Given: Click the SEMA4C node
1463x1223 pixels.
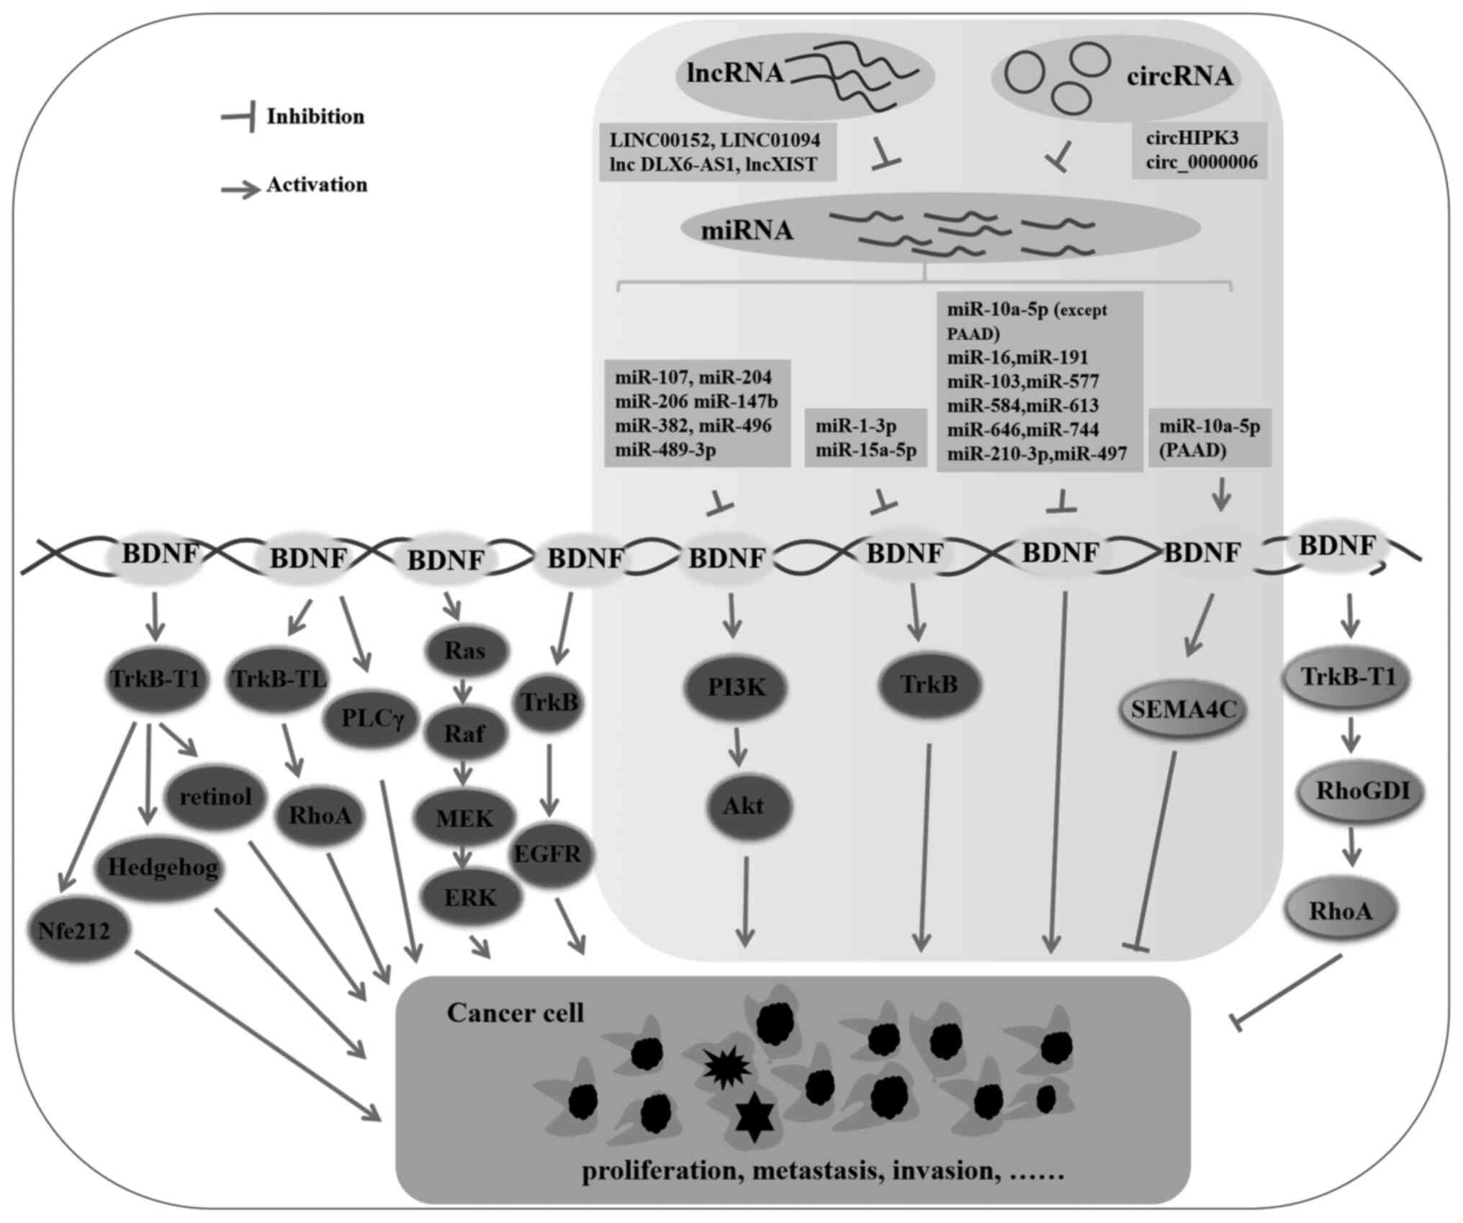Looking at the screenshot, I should pos(1183,710).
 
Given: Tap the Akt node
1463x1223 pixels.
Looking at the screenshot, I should pos(744,805).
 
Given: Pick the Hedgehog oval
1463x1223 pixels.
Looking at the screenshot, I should pos(163,867).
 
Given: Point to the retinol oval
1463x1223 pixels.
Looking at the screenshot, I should pos(215,796).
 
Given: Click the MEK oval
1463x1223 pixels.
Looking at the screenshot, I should pos(464,818).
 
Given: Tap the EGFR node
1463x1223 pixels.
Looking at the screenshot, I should pos(548,854).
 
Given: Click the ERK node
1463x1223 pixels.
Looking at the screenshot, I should pos(470,898).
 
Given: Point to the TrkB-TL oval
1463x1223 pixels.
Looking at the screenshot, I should pos(279,678).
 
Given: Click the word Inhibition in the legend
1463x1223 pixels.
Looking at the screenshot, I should pos(315,117).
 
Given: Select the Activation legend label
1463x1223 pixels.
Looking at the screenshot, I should pos(317,185).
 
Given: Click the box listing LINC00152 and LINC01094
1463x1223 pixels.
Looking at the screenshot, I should pos(716,152).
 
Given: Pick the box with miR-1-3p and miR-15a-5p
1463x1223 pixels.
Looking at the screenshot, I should pos(865,438).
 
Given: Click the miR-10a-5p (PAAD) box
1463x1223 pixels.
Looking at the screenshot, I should pos(1210,438).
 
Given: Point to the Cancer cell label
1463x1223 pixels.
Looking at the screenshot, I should pos(515,1013).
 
